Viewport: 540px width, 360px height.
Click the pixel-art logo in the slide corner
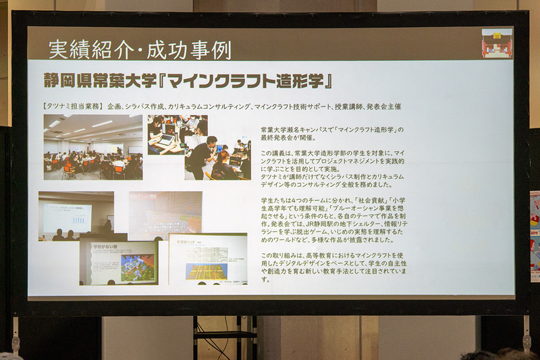497,43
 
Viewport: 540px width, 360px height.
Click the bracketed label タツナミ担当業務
70,106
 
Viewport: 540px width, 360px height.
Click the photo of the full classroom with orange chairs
93,147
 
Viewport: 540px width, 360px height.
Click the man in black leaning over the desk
202,155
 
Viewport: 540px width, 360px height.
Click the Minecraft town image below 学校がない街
136,267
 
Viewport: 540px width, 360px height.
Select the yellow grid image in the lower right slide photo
207,270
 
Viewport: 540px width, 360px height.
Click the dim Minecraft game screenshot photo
165,215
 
